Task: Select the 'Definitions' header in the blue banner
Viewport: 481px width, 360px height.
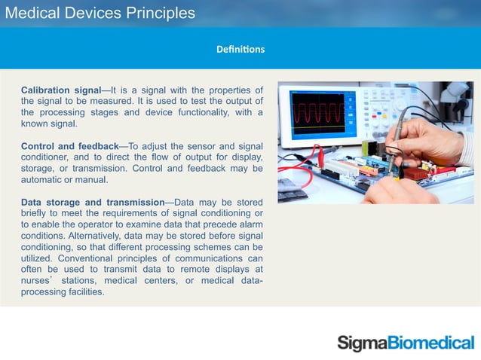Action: point(240,50)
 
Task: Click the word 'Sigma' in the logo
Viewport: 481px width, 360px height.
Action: point(361,343)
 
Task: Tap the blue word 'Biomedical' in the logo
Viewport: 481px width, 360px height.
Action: point(430,343)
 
